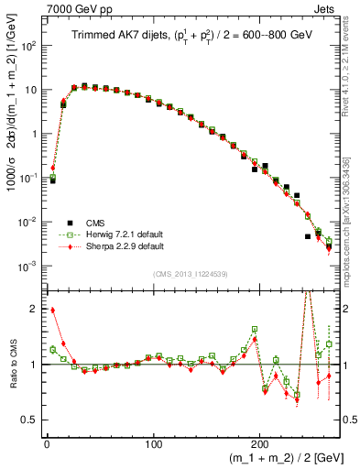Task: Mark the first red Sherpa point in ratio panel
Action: click(52, 311)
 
